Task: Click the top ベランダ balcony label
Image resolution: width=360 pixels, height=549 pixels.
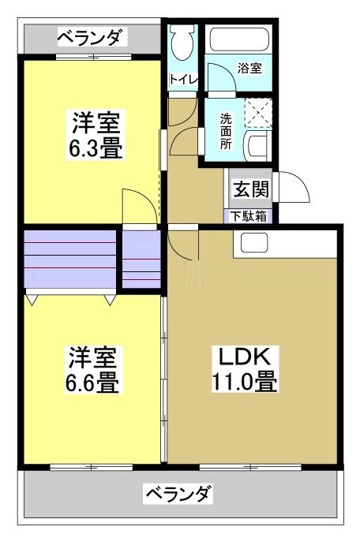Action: pos(91,36)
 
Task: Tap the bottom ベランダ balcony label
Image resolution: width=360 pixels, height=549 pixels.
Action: pos(178,495)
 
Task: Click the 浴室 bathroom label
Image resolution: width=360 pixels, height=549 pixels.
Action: pos(249,69)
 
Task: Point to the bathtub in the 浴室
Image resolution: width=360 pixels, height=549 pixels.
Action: pos(238,39)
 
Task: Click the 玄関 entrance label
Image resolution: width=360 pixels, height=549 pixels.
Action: pos(249,189)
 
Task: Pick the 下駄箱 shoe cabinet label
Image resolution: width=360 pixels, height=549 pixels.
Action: pos(249,215)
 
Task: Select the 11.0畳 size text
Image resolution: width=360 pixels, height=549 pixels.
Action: pos(243,383)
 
